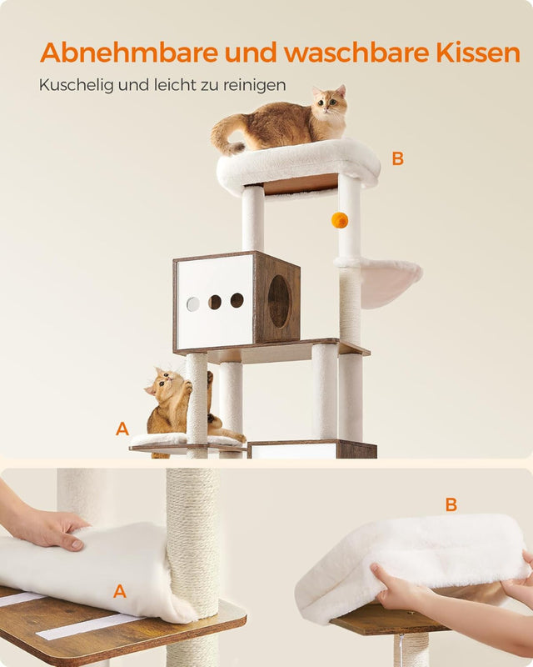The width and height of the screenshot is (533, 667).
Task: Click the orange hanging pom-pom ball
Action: pyautogui.click(x=339, y=220)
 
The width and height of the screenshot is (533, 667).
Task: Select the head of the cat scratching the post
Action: pyautogui.click(x=165, y=385)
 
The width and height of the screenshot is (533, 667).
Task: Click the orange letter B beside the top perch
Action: pyautogui.click(x=397, y=158)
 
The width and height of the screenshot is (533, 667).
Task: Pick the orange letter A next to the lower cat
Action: pyautogui.click(x=122, y=429)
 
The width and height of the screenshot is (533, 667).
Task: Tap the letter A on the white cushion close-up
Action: pyautogui.click(x=120, y=591)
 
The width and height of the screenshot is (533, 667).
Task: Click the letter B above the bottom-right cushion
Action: pyautogui.click(x=451, y=504)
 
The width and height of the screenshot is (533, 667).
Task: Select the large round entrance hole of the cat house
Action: pyautogui.click(x=279, y=301)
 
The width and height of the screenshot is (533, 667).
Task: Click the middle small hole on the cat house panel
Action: pyautogui.click(x=215, y=302)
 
